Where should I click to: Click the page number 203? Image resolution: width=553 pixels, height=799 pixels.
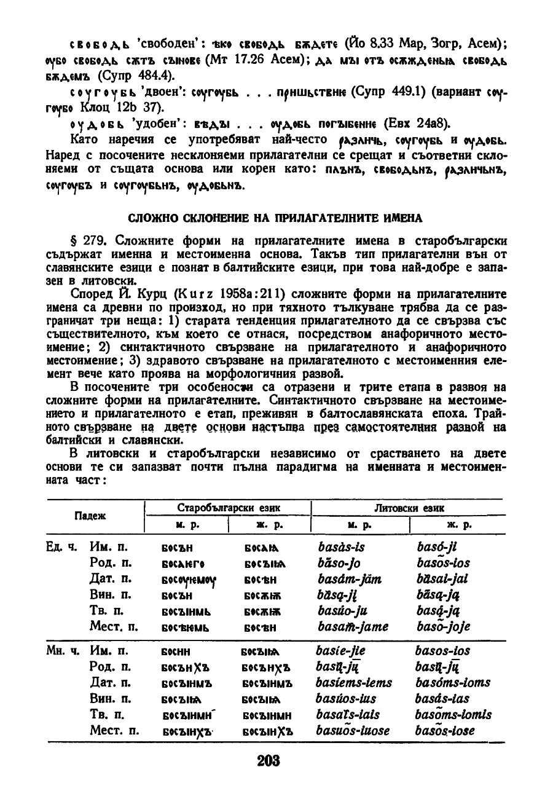pyautogui.click(x=269, y=760)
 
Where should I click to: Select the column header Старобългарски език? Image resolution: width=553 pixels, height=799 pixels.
pyautogui.click(x=228, y=508)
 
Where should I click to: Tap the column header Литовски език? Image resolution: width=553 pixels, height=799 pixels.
pyautogui.click(x=409, y=508)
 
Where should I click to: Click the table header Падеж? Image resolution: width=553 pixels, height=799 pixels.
pyautogui.click(x=91, y=516)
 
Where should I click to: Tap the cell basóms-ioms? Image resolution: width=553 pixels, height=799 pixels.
pyautogui.click(x=453, y=683)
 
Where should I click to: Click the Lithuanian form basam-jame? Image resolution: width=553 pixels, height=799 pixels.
pyautogui.click(x=353, y=627)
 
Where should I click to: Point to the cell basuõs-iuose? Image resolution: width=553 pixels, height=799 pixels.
pyautogui.click(x=353, y=731)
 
